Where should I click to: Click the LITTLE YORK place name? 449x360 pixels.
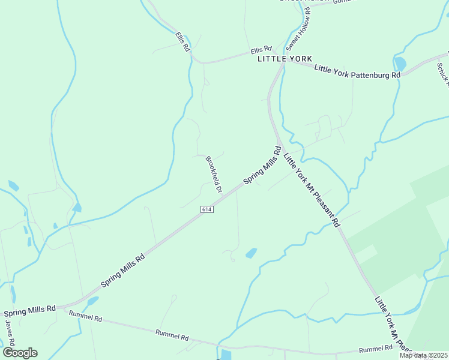click(285, 59)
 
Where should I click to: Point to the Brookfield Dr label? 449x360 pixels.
click(214, 175)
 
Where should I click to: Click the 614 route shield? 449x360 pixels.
click(207, 209)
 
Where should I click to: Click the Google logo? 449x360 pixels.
click(20, 353)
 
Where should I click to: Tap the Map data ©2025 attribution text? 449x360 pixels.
click(423, 355)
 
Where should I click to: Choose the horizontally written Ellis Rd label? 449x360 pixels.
click(261, 49)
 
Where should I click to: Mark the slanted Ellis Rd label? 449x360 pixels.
click(182, 41)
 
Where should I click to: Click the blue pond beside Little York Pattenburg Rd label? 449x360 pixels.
click(400, 63)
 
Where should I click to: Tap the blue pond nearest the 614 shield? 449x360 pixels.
click(252, 253)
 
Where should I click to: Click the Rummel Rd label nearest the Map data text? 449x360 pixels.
click(375, 349)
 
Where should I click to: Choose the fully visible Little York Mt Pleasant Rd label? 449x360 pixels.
click(312, 188)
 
